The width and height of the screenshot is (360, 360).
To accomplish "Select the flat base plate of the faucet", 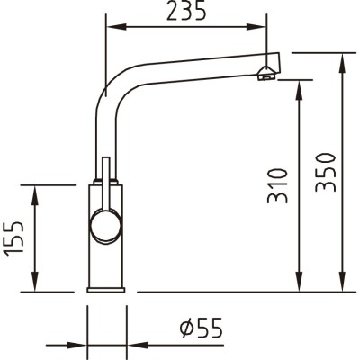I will [108, 288].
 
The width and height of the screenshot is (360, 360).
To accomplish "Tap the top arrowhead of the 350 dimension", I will [342, 59].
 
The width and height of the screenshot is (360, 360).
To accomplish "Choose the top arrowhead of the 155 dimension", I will [35, 192].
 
